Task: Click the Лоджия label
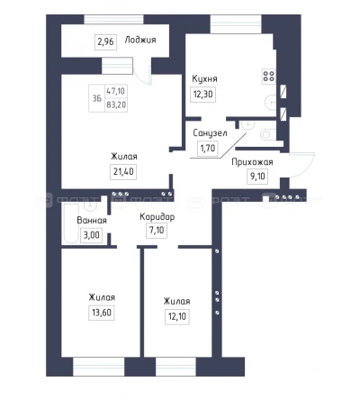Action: coord(140,41)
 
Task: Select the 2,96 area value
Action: coord(105,41)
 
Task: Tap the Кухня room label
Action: coord(204,79)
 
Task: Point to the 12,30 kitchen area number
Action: coord(203,95)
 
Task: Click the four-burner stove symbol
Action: coord(268,76)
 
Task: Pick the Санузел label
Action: coord(210,133)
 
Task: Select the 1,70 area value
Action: coord(208,148)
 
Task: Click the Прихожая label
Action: coord(252,162)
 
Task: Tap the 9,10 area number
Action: coord(257,176)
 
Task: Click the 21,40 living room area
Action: coord(123,172)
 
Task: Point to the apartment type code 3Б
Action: coord(97,98)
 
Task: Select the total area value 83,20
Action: coord(116,105)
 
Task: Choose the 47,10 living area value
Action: coord(116,91)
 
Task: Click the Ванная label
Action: coord(92,221)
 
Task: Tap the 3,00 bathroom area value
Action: coord(91,235)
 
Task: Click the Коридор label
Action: coord(157,217)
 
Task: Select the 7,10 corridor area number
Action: coord(157,231)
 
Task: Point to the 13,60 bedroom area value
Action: coord(102,313)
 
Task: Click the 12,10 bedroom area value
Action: coord(177,316)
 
